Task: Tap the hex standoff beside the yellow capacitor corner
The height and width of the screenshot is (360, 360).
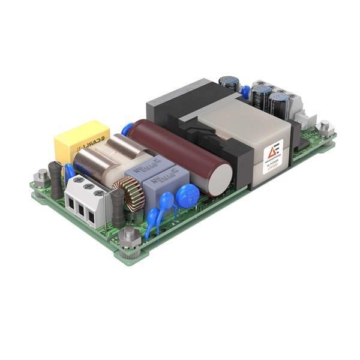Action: pyautogui.click(x=41, y=177)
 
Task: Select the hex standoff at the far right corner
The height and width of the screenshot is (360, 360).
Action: pyautogui.click(x=325, y=128)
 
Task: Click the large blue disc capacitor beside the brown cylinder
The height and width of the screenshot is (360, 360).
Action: pyautogui.click(x=187, y=196)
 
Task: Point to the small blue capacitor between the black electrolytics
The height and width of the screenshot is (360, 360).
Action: pyautogui.click(x=245, y=92)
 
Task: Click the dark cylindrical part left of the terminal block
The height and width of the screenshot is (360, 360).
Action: pyautogui.click(x=56, y=179)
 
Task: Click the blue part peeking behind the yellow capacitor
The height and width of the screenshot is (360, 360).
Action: pyautogui.click(x=126, y=129)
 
